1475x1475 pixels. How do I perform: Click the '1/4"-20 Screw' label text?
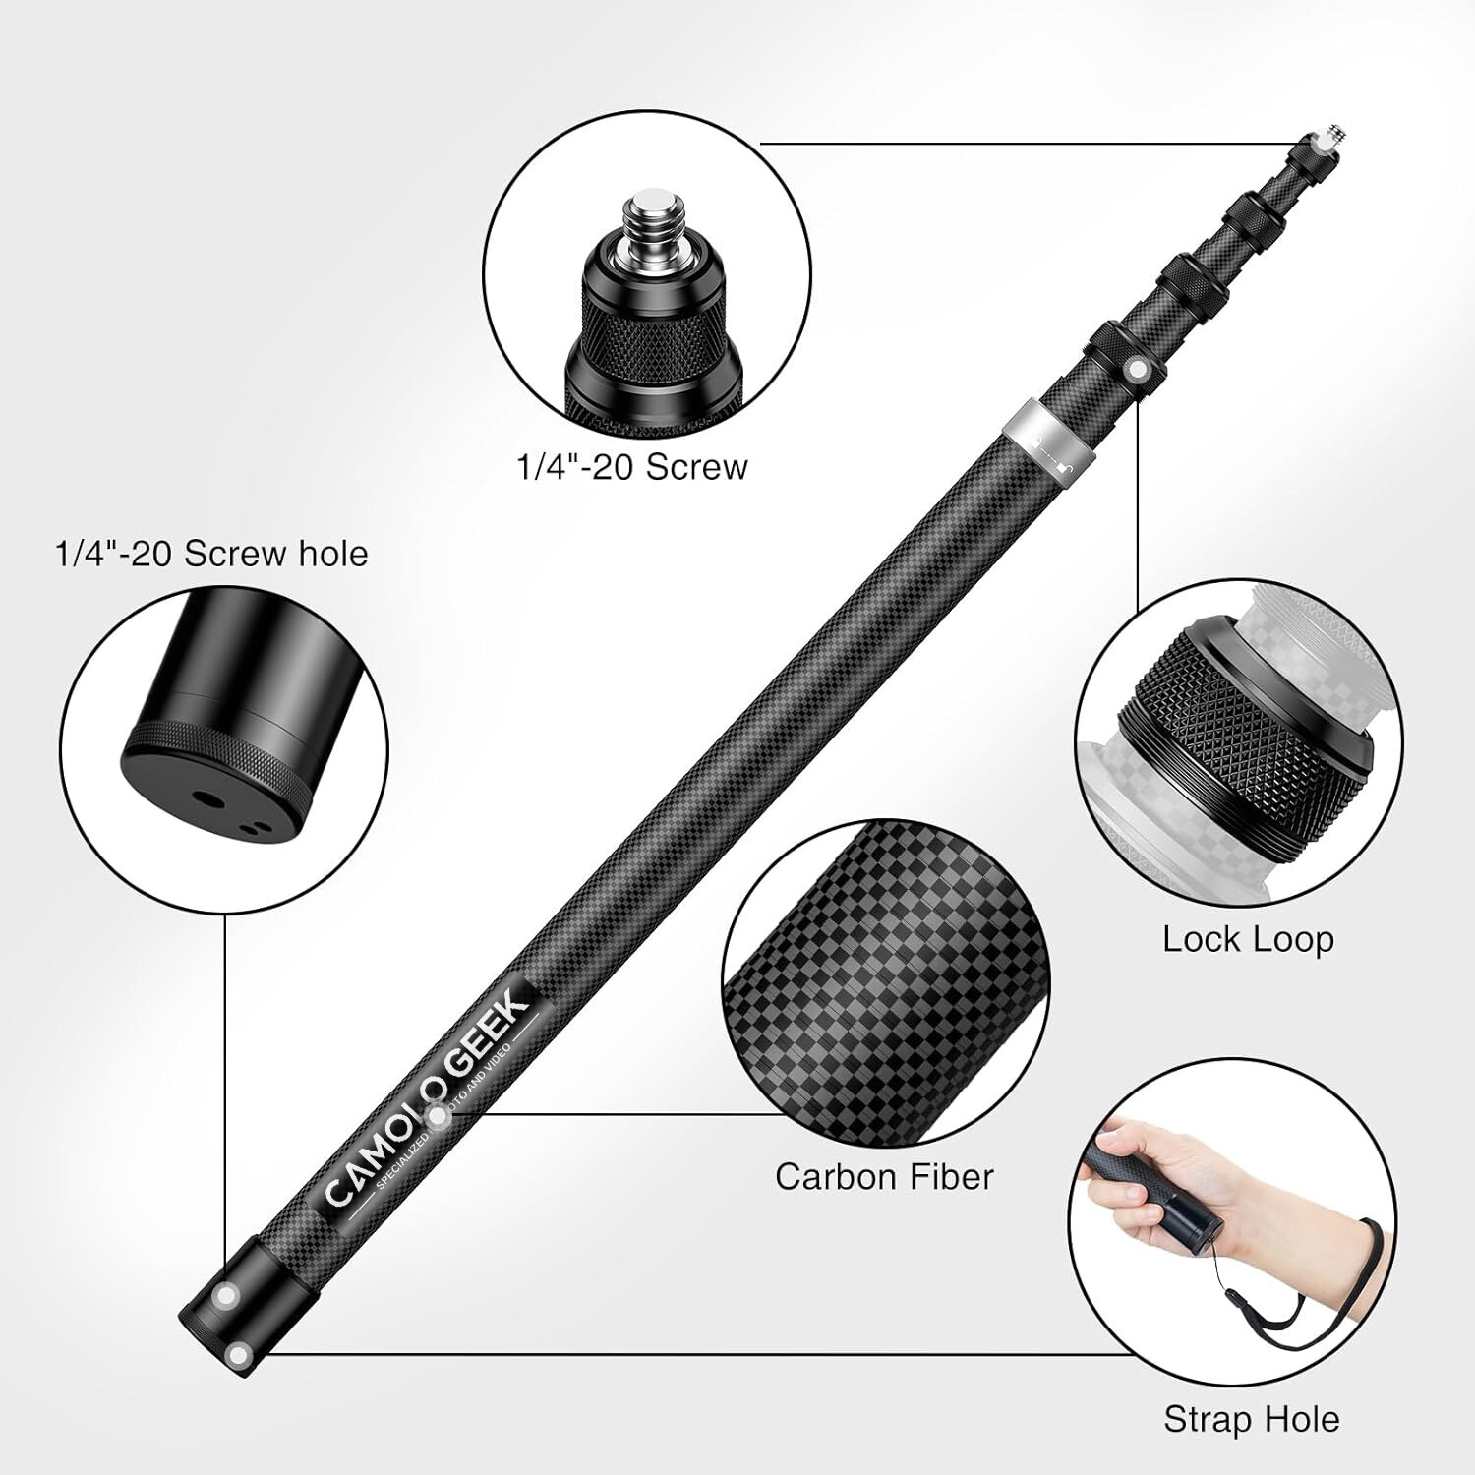tap(632, 466)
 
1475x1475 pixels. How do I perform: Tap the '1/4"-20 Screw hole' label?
tap(211, 554)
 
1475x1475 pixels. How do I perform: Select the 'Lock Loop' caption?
tap(1248, 939)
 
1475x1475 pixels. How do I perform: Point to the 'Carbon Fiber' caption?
tap(884, 1176)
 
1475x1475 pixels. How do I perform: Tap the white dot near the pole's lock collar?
tap(1139, 368)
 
